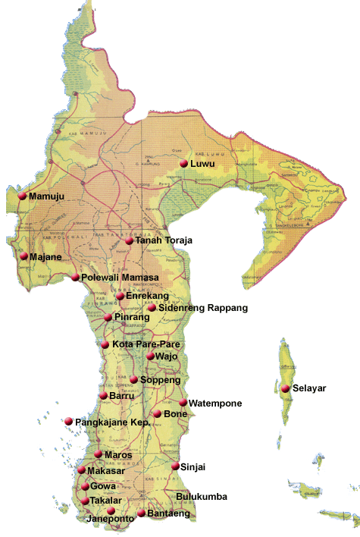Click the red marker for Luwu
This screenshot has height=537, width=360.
pyautogui.click(x=183, y=163)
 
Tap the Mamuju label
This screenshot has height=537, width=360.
pyautogui.click(x=46, y=197)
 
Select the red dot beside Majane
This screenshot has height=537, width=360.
pyautogui.click(x=23, y=256)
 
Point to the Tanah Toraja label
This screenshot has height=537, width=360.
pyautogui.click(x=164, y=240)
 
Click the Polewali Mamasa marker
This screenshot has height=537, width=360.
pyautogui.click(x=75, y=278)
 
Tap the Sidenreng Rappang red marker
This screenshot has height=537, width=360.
pyautogui.click(x=152, y=308)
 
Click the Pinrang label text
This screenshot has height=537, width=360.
pyautogui.click(x=131, y=317)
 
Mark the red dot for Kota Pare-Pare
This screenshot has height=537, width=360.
pyautogui.click(x=105, y=344)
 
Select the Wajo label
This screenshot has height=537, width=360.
pyautogui.click(x=167, y=356)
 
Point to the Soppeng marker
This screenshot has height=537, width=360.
pyautogui.click(x=134, y=379)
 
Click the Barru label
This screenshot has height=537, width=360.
pyautogui.click(x=121, y=395)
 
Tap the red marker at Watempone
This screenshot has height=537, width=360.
pyautogui.click(x=183, y=403)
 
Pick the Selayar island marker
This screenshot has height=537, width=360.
pyautogui.click(x=285, y=388)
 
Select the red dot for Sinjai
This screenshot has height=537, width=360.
pyautogui.click(x=175, y=466)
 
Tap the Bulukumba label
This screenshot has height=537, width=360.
pyautogui.click(x=201, y=498)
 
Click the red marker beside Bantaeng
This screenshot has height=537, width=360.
pyautogui.click(x=141, y=513)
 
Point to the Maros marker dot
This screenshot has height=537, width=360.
pyautogui.click(x=98, y=454)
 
